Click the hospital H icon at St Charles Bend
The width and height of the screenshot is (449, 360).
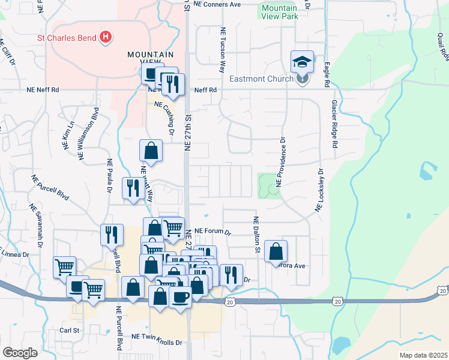(106, 38)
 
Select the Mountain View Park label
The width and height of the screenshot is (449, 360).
(279, 13)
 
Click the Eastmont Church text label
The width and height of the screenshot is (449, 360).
(261, 79)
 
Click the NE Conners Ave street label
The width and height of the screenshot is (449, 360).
(218, 4)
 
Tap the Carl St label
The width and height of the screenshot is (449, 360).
(70, 330)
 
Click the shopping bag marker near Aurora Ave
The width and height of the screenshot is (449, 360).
(276, 250)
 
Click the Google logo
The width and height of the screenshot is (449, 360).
(20, 352)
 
